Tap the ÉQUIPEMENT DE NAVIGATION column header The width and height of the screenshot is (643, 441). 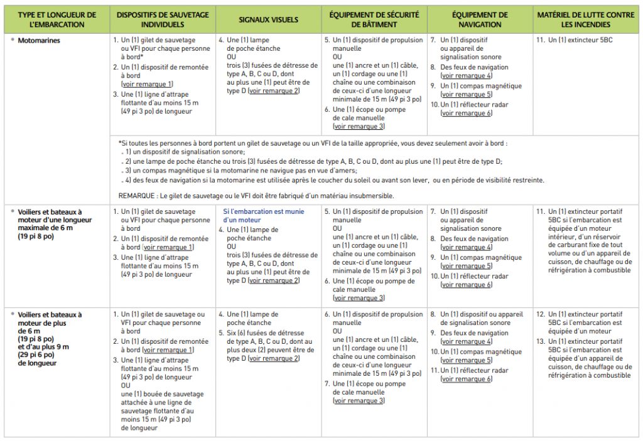(479, 19)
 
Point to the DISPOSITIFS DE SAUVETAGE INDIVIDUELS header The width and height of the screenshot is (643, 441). (162, 19)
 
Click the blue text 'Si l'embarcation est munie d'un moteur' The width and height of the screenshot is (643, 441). (263, 216)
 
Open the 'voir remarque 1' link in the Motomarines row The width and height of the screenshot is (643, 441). (147, 84)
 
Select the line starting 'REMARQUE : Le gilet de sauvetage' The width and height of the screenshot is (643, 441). (256, 196)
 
